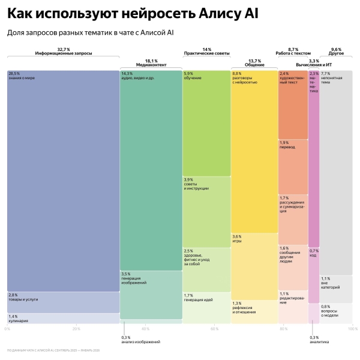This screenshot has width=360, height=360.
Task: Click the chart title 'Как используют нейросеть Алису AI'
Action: coord(133,13)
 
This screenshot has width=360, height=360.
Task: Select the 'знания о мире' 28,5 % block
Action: coord(63,180)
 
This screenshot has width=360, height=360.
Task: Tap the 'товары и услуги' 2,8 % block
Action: coord(63,302)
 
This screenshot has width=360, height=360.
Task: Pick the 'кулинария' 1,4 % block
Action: coord(63,319)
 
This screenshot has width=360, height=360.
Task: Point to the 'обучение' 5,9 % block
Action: coord(206,123)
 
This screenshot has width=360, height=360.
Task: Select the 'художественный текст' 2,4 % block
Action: coord(293,104)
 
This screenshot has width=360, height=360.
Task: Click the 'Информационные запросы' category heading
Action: coord(63,53)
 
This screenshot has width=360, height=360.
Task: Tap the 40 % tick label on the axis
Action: coord(145,329)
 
